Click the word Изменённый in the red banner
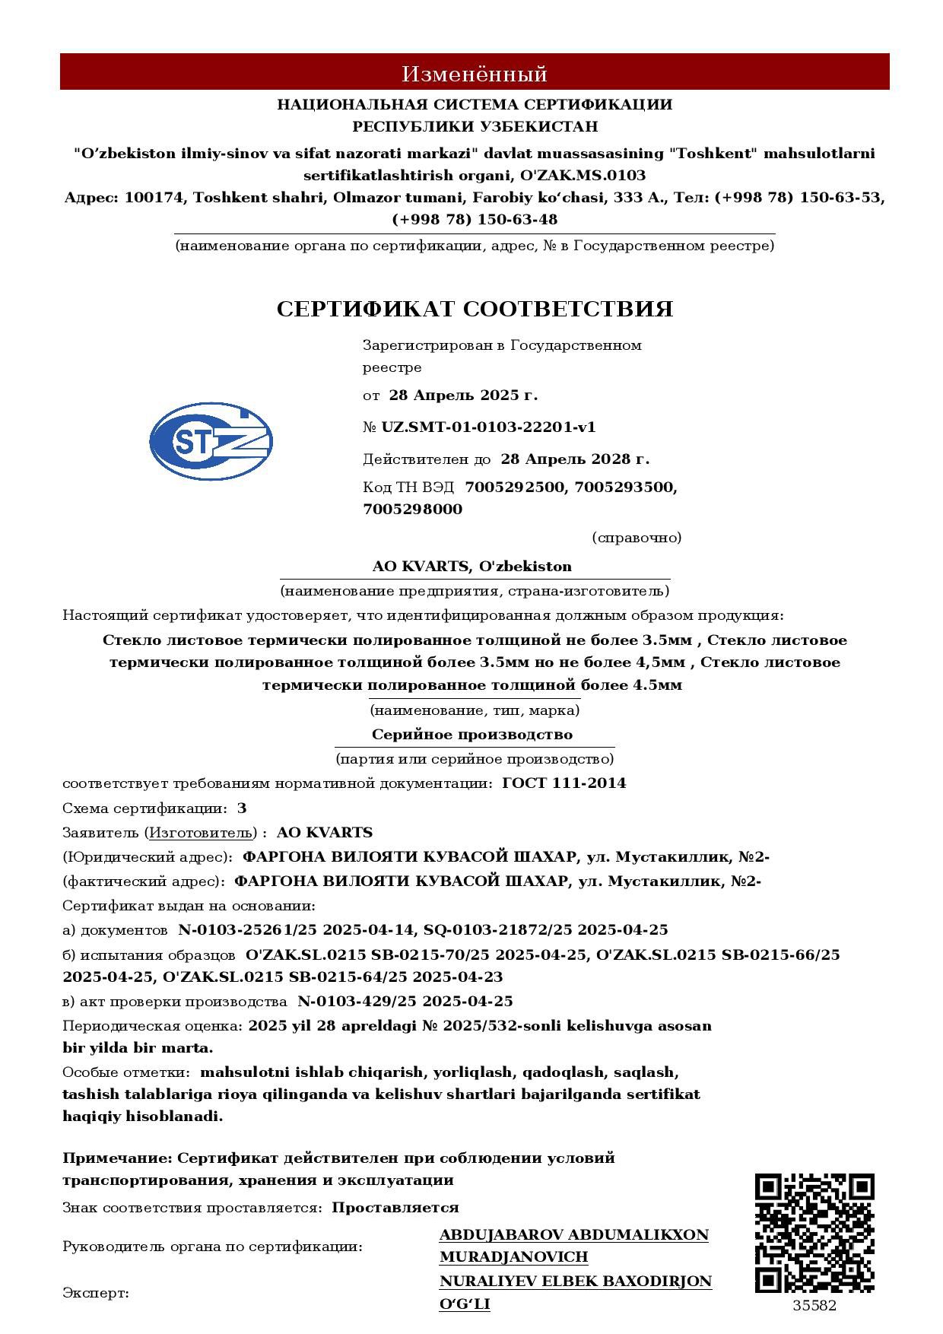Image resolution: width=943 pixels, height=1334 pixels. coord(475,74)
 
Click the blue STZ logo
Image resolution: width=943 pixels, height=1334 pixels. coord(211,442)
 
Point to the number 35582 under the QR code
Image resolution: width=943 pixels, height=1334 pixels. coord(814,1306)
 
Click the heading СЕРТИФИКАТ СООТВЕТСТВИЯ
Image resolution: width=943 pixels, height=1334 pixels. coord(475,309)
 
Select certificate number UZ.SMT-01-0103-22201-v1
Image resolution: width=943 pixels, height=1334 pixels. coord(488,427)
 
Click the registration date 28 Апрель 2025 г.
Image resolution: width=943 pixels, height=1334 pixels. coord(463,395)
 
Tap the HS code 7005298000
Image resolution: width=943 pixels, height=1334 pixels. coord(413,509)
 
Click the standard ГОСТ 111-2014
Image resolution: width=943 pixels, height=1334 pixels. coord(564,783)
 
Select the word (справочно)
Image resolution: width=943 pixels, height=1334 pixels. coord(637,538)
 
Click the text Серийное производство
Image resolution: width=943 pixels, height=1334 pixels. coord(472,734)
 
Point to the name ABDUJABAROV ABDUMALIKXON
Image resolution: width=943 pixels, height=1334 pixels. coord(574,1234)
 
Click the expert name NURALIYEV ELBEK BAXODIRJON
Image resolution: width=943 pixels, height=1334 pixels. coord(576,1281)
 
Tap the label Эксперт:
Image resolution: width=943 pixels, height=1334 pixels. coord(96,1293)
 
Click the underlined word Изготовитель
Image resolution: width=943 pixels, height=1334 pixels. coord(200,832)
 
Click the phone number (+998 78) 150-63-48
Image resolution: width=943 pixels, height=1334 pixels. coord(475,219)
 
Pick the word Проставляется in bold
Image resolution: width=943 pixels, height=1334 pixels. coord(395,1207)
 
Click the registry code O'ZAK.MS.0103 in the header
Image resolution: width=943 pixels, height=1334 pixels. coord(583,175)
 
